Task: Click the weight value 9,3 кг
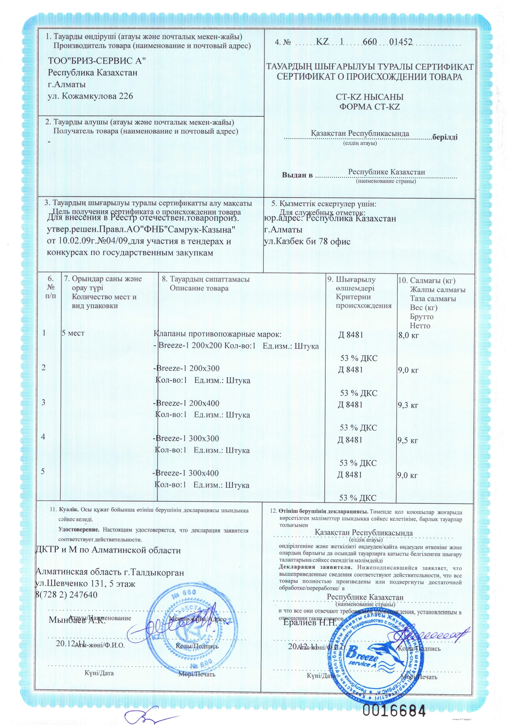click(x=408, y=405)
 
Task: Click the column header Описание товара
click(x=199, y=288)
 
